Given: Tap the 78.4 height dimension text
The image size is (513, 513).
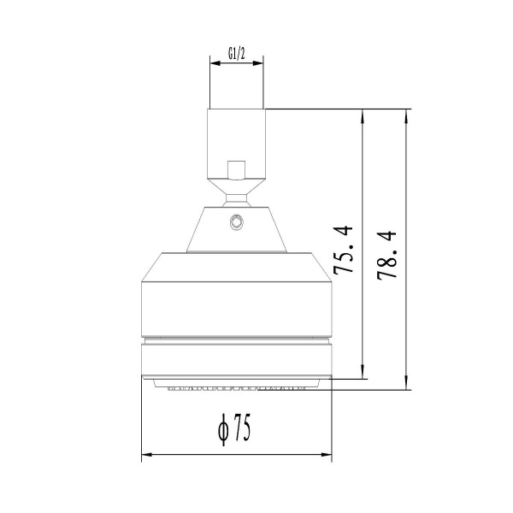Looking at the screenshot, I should tap(386, 255).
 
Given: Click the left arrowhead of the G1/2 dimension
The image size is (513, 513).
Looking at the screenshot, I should tap(214, 61).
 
